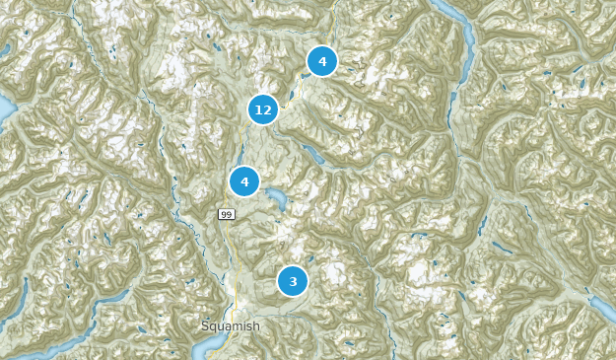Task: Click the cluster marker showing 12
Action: (x=262, y=109)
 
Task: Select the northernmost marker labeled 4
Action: (x=321, y=61)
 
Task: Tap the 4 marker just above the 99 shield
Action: (x=244, y=181)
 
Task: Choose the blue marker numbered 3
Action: (x=292, y=281)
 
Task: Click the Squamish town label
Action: (x=230, y=326)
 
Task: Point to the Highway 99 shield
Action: (x=227, y=213)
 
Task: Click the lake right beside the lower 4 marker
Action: (x=276, y=201)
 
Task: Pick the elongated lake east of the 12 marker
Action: (x=312, y=155)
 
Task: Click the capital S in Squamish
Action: (x=205, y=326)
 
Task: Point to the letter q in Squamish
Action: (x=214, y=327)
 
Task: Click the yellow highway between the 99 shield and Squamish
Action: (x=238, y=266)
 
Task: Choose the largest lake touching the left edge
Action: (x=4, y=107)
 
